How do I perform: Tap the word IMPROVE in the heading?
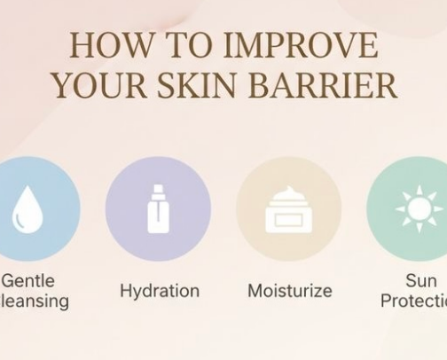click(303, 45)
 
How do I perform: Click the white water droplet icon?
click(27, 211)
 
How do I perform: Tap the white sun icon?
click(419, 209)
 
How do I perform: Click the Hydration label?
click(160, 291)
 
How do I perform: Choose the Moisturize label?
click(289, 291)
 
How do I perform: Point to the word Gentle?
click(27, 281)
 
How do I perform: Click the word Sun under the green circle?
click(420, 281)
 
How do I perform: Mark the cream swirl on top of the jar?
click(288, 195)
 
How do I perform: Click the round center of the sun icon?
click(419, 209)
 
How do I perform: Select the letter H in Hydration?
click(125, 291)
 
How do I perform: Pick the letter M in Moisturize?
click(255, 291)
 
